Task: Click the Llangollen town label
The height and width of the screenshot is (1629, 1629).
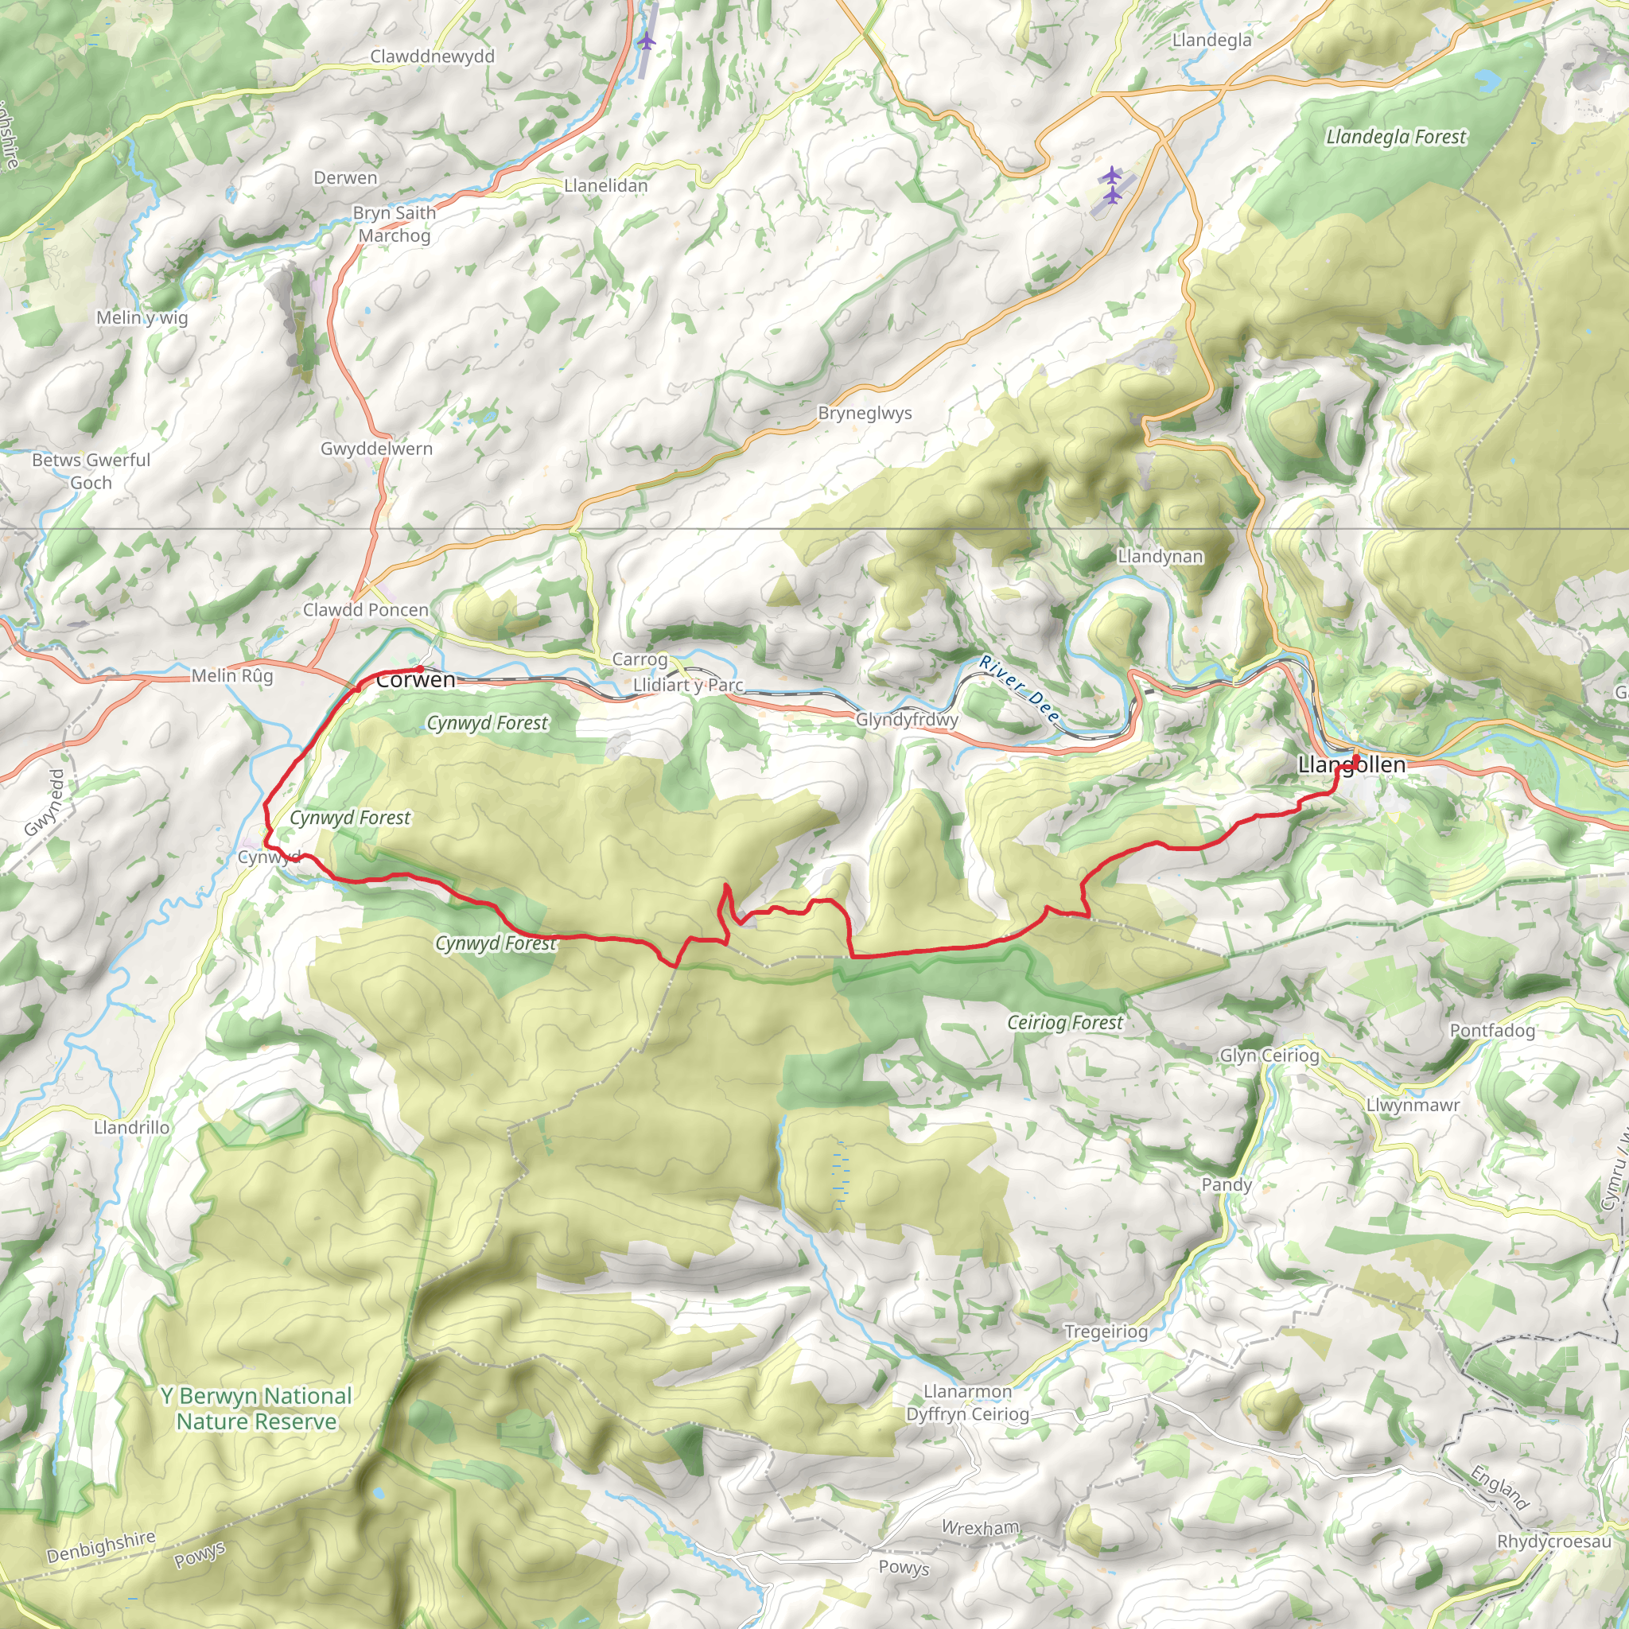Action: [1351, 764]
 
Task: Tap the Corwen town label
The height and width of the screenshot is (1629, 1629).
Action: [416, 680]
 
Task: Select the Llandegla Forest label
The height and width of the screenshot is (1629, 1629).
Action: [1395, 137]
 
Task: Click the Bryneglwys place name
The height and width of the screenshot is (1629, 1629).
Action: [865, 413]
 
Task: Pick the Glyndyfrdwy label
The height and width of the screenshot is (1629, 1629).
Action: [907, 719]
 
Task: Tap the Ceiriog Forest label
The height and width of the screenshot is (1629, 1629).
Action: [1065, 1023]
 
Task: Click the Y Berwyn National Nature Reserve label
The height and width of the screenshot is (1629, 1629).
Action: [255, 1409]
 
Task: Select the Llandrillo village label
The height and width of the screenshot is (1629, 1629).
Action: [131, 1127]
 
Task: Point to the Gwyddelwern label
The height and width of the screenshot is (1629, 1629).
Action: [376, 449]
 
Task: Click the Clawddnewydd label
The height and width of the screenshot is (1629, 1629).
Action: [432, 56]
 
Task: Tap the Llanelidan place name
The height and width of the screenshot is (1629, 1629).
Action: [605, 185]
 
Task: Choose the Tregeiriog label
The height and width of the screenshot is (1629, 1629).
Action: [1106, 1331]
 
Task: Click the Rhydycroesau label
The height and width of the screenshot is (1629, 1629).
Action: [1553, 1542]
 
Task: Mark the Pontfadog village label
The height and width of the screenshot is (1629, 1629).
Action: [1491, 1030]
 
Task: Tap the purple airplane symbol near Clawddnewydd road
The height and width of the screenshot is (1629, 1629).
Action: [646, 41]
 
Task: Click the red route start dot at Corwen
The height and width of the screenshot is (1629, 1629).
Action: [420, 669]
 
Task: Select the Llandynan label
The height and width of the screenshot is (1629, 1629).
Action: [1160, 557]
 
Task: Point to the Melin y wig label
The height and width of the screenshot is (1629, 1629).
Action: [142, 318]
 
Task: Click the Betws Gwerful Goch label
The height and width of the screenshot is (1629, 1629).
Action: [91, 472]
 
